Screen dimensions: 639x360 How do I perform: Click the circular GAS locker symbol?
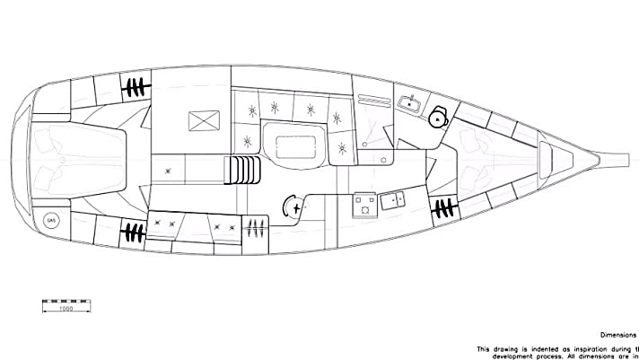point(52,219)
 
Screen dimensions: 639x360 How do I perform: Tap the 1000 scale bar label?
point(66,309)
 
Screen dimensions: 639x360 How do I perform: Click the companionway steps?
point(241,168)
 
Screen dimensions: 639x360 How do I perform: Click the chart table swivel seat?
point(291,206)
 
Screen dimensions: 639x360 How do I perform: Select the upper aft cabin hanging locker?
point(135,88)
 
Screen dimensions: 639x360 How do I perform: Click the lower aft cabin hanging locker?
point(134,232)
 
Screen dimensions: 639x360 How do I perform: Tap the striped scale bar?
point(66,300)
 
